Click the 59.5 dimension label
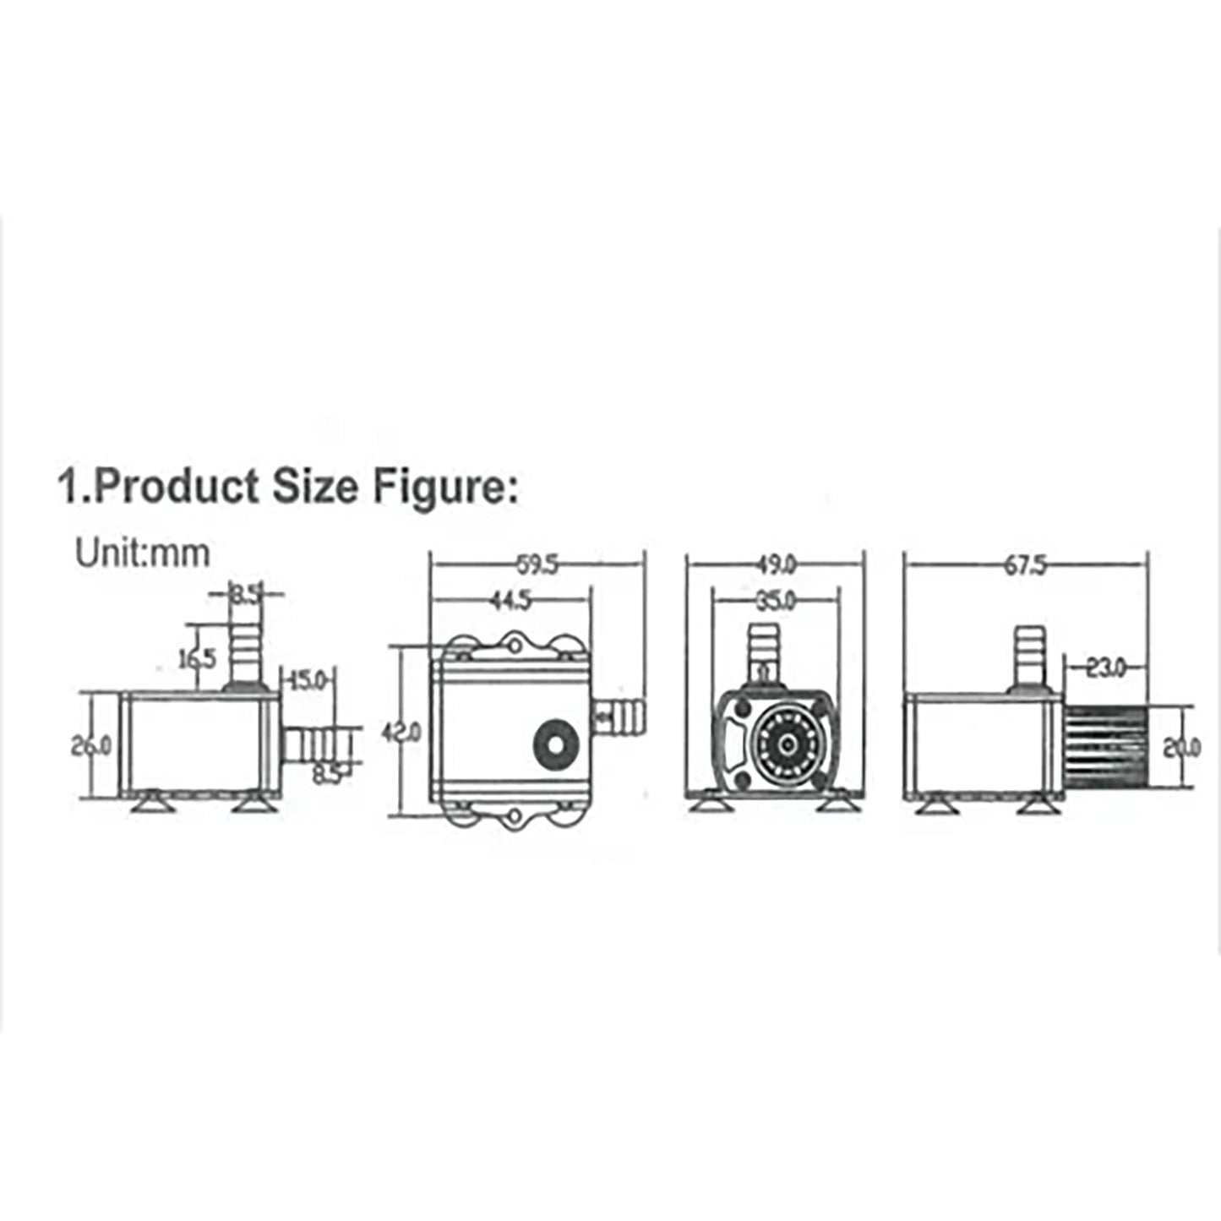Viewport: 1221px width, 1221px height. [537, 564]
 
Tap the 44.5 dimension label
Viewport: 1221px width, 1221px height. [510, 601]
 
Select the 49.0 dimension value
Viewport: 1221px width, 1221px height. [776, 564]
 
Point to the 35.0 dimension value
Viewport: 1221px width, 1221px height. [776, 601]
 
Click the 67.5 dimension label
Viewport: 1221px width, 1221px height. [1024, 564]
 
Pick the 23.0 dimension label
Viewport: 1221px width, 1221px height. [1105, 668]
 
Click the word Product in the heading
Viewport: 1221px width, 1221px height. [177, 488]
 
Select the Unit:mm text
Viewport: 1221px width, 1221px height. [142, 553]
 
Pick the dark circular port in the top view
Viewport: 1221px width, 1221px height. [555, 741]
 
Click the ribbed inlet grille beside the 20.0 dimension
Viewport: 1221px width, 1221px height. [1104, 747]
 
